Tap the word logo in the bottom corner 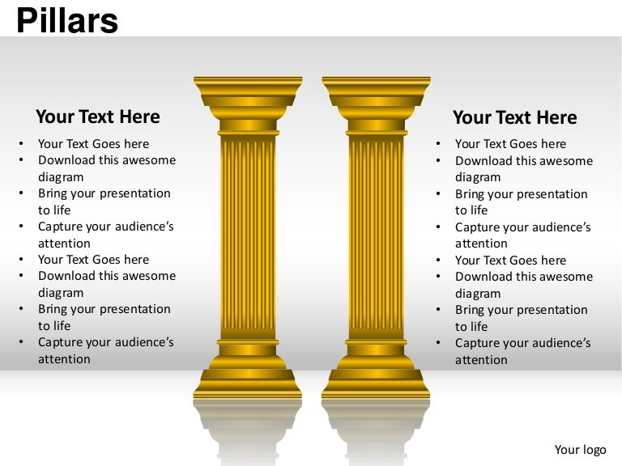(597, 450)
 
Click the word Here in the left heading (139, 116)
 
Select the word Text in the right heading (514, 117)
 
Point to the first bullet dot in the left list (21, 144)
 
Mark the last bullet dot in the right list (438, 343)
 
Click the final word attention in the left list (64, 359)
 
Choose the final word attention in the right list (481, 360)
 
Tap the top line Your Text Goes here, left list (93, 144)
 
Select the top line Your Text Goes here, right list (510, 144)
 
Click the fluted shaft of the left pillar (248, 235)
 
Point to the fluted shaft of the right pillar (377, 235)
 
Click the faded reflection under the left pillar (248, 429)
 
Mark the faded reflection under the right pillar (377, 429)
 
